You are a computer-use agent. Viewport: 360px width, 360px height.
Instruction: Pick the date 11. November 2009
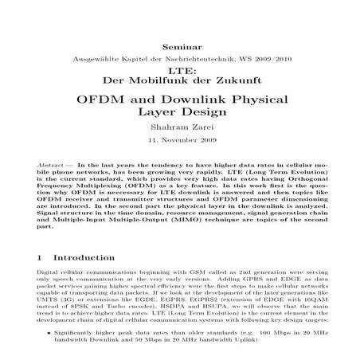180,148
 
